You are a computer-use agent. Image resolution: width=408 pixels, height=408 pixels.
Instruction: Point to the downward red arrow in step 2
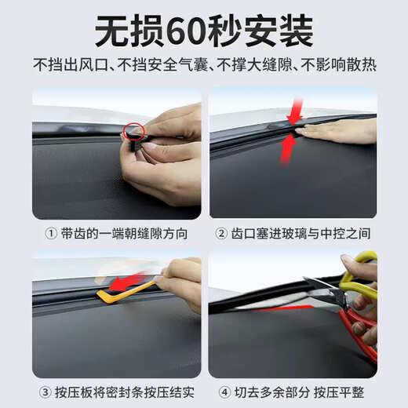pyautogui.click(x=295, y=112)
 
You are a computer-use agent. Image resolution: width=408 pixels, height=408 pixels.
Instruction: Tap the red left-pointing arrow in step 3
pyautogui.click(x=126, y=282)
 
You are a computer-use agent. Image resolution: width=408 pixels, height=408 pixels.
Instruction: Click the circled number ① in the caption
pyautogui.click(x=51, y=234)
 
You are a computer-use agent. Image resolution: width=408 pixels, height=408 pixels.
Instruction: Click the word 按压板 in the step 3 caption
pyautogui.click(x=78, y=392)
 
